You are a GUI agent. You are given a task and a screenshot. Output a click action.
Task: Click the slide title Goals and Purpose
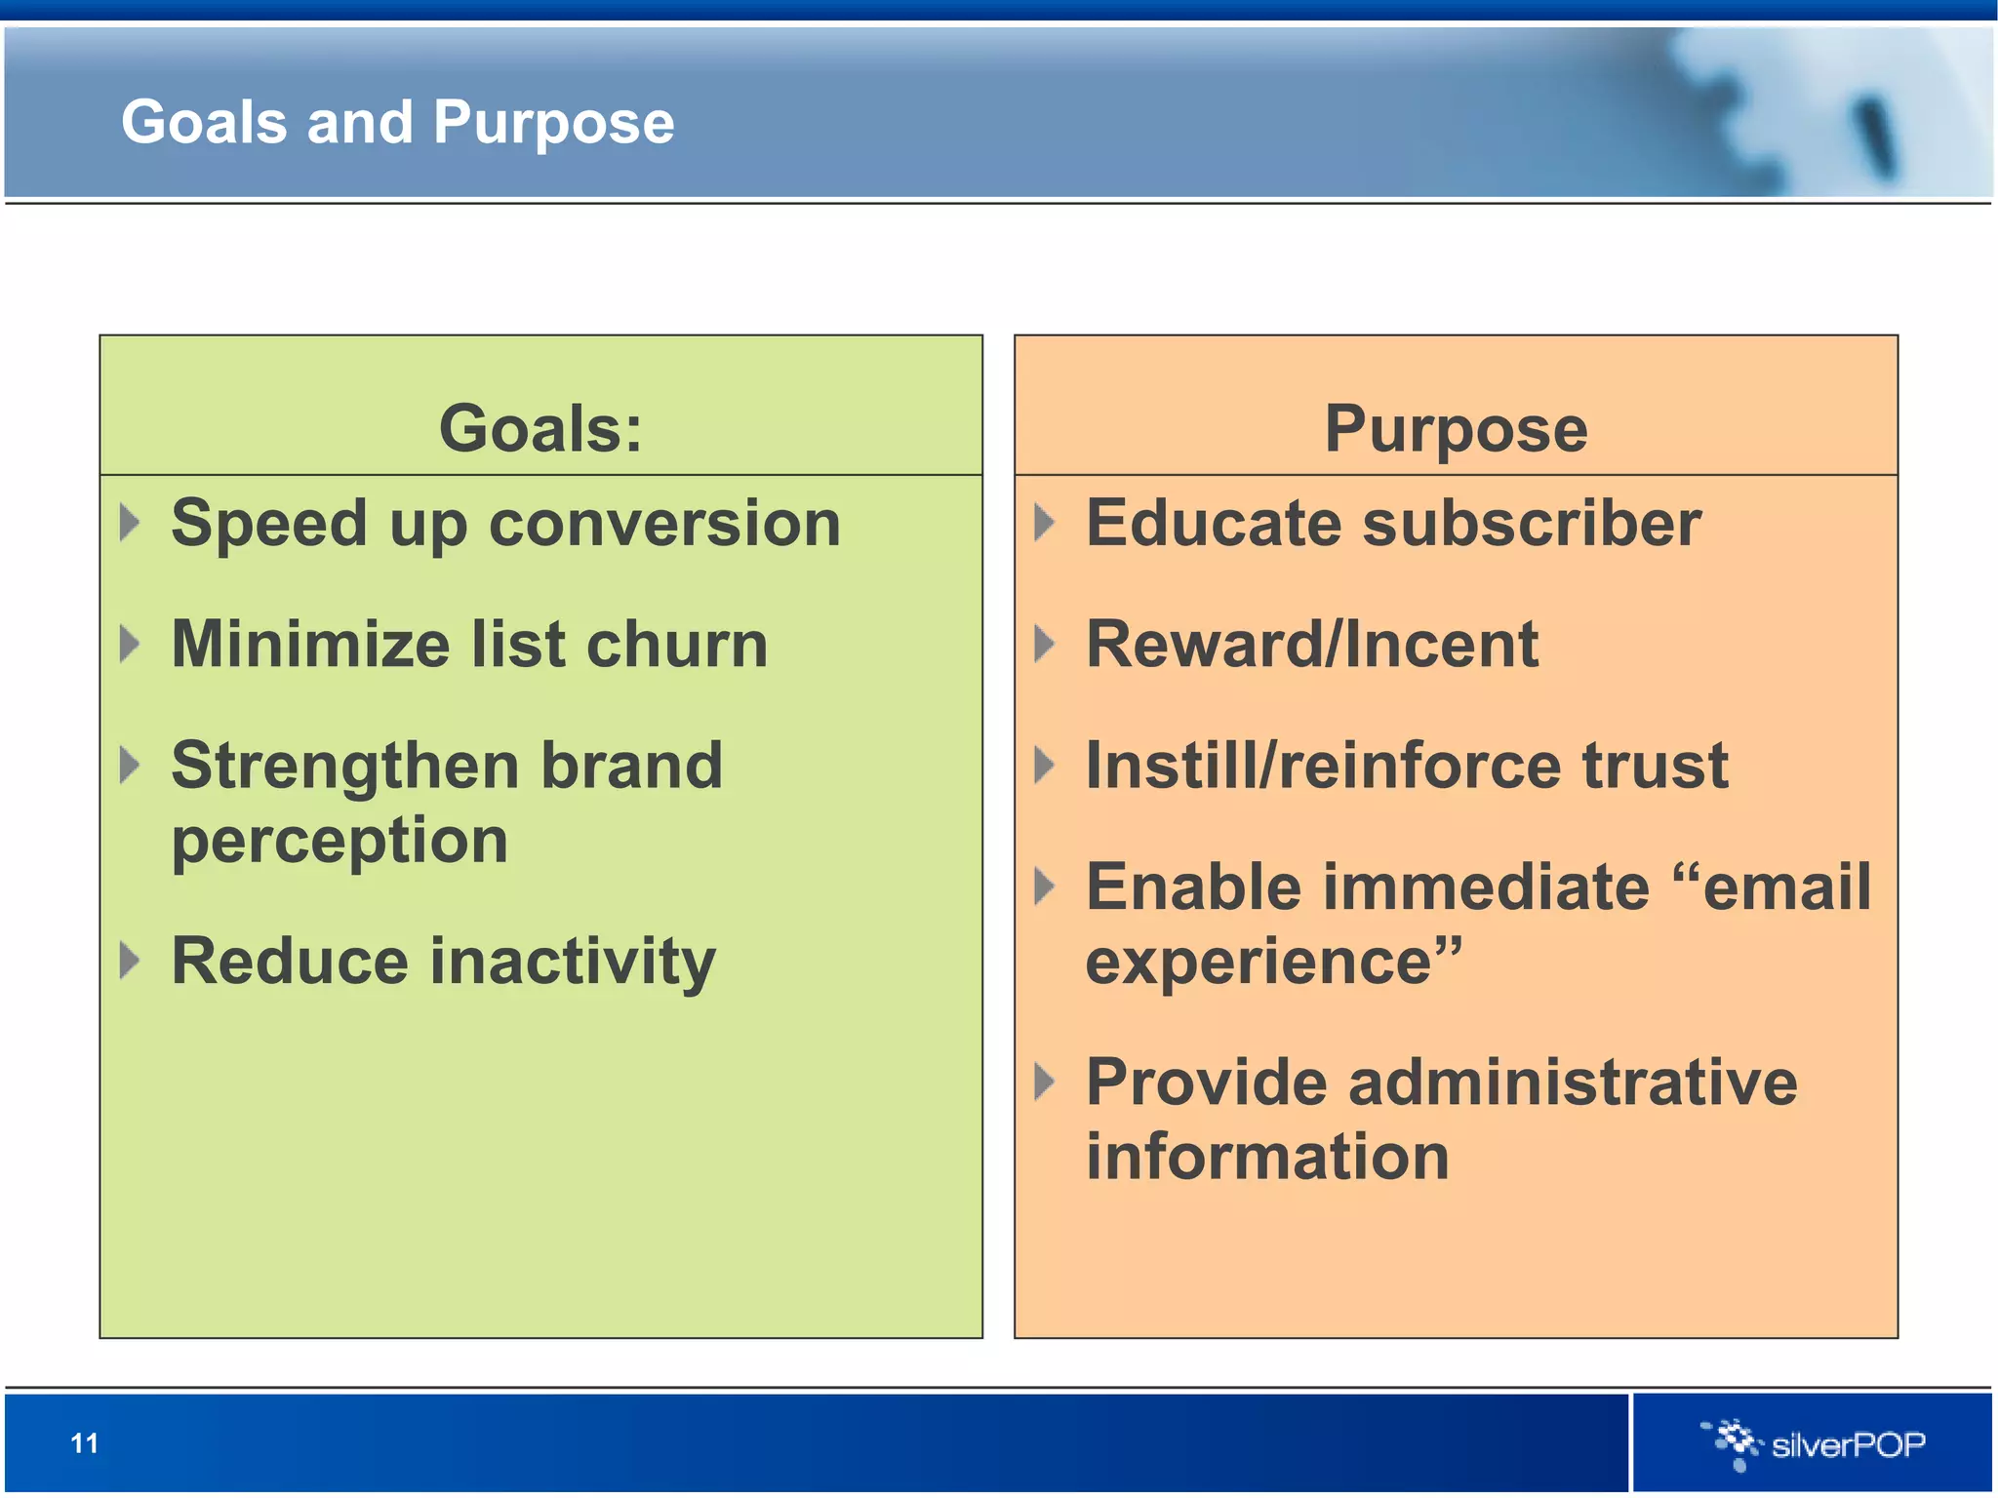coord(397,123)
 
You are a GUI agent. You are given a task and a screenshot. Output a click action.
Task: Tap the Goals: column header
coord(540,429)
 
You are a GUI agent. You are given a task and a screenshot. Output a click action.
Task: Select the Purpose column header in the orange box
coord(1456,429)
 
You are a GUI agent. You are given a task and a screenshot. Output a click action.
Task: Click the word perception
coord(340,842)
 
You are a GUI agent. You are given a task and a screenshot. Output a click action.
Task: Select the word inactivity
coord(573,962)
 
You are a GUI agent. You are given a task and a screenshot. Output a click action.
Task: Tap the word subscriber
coord(1532,524)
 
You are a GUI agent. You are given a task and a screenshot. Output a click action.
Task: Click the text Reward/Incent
coord(1312,645)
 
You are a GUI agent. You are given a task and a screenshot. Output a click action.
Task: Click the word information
coord(1267,1157)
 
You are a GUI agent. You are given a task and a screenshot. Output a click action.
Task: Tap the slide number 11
coord(85,1442)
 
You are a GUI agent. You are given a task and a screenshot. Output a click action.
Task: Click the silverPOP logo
coord(1814,1443)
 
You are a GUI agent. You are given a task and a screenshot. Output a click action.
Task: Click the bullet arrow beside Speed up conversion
coord(130,523)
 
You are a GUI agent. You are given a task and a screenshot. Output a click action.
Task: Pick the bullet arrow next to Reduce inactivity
coord(130,961)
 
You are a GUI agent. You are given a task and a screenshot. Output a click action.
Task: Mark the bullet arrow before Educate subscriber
coord(1044,523)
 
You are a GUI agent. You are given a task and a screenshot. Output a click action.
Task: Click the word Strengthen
coord(344,766)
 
